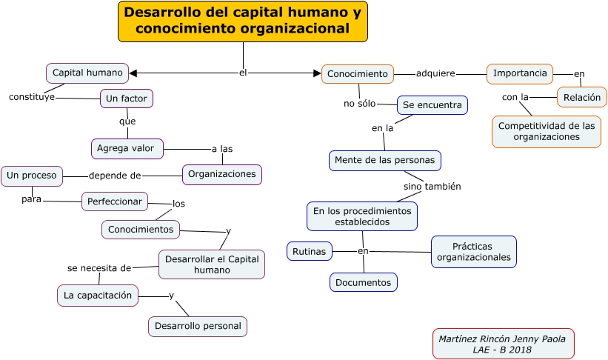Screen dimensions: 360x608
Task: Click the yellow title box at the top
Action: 243,21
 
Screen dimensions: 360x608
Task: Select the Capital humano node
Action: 87,73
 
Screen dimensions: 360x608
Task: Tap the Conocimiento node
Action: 357,74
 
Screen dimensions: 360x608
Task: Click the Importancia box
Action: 520,73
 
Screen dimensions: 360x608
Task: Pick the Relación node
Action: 581,97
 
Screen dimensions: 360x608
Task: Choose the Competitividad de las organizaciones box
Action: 546,131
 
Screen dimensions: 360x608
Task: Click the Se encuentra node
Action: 432,105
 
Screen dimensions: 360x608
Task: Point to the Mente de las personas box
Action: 384,160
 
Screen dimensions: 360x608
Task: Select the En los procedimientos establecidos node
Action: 361,216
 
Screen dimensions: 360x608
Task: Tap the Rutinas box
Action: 309,251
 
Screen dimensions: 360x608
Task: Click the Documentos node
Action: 363,282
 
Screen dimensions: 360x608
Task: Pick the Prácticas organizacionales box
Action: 473,252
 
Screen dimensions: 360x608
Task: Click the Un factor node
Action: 127,99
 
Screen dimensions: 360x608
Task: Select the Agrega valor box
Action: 126,148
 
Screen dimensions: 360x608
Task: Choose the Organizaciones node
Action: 221,174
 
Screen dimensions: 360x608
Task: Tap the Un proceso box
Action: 32,176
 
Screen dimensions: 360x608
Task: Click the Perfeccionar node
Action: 114,201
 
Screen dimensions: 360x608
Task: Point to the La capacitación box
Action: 97,295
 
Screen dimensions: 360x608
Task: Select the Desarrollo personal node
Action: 198,326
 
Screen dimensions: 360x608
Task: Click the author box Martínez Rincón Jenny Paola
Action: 503,344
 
